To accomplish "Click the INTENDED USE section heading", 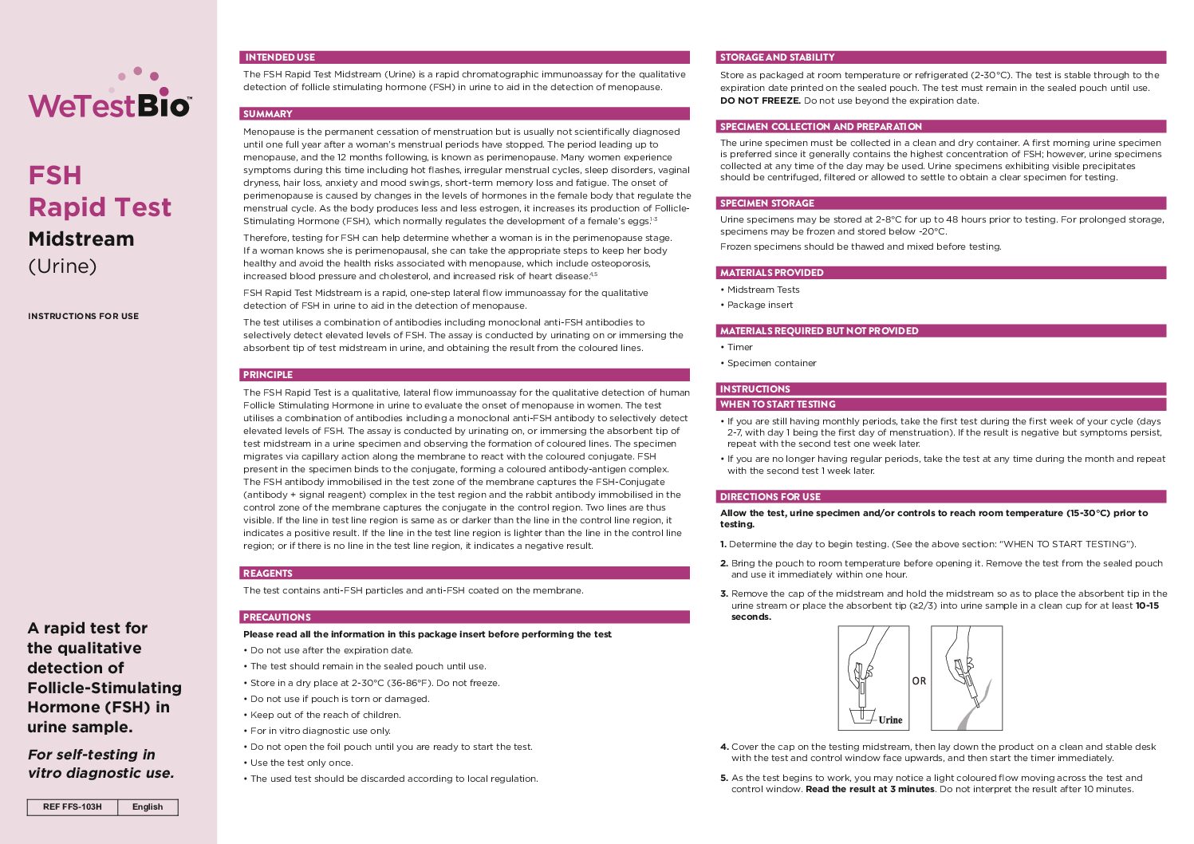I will point(280,57).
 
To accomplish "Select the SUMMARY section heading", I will point(268,114).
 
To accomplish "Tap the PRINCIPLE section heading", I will point(268,375).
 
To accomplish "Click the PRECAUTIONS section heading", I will point(277,617).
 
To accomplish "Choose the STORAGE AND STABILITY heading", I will point(777,57).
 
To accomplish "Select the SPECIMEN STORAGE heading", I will point(766,203).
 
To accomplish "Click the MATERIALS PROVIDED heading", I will point(771,273).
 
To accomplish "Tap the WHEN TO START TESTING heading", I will point(778,404).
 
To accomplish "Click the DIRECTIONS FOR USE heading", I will point(770,497).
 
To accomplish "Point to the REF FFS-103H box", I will point(73,807).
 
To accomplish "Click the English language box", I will point(148,807).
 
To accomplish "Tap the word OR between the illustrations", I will point(919,681).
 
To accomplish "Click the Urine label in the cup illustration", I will point(890,720).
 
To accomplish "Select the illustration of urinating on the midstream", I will point(966,678).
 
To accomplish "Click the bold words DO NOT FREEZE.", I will point(760,101).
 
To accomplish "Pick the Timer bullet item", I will point(739,348).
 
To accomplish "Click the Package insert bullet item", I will point(759,305).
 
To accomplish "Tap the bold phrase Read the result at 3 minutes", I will point(869,790).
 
